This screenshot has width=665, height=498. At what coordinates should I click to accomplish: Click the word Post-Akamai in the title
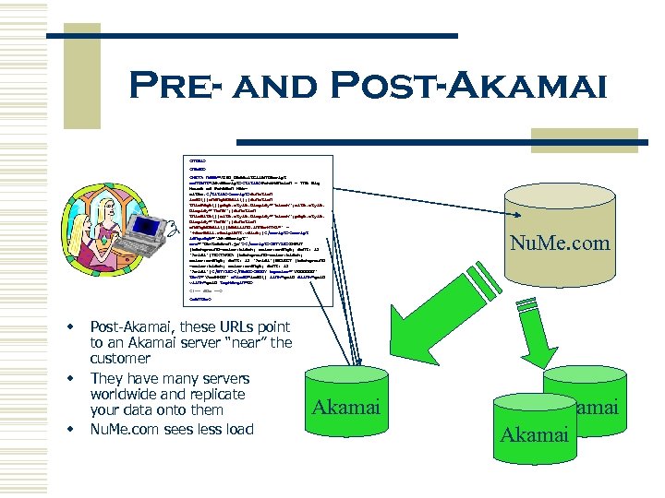[480, 87]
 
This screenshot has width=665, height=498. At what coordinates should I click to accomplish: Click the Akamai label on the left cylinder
[346, 407]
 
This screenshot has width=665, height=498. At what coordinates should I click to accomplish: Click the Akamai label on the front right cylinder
[534, 433]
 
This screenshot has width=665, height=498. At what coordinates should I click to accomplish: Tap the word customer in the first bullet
[121, 360]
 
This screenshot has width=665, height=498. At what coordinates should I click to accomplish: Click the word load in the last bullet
[235, 429]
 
